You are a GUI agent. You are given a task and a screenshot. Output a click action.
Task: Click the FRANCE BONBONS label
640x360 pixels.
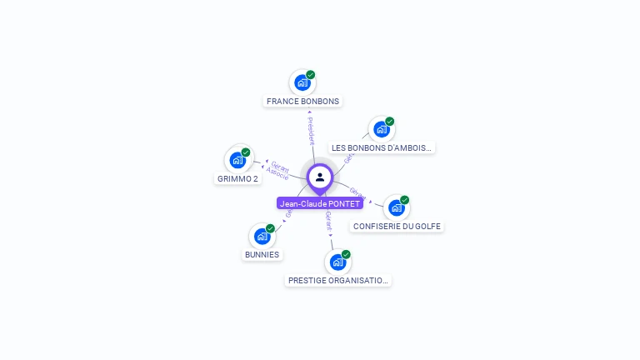pos(302,102)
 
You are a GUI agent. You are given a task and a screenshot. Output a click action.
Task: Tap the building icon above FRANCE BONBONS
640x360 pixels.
pos(302,82)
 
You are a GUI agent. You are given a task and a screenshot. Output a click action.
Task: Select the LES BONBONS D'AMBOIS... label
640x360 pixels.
pos(382,147)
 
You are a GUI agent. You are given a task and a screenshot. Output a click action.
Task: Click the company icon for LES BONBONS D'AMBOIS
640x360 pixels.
pos(381,129)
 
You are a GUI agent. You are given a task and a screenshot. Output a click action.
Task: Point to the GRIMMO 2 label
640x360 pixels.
pos(238,178)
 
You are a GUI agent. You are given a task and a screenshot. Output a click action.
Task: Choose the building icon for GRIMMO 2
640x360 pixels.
pos(237,159)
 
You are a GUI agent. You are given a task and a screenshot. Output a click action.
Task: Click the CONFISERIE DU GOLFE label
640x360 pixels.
pos(397,226)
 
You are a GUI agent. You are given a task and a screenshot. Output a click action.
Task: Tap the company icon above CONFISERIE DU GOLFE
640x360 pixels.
pos(396,207)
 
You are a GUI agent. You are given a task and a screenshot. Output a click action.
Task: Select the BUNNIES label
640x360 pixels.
pos(262,254)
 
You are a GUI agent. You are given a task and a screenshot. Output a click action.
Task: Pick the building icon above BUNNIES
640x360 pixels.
pos(262,236)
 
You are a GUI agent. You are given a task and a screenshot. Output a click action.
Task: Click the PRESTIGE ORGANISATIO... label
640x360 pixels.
pos(337,281)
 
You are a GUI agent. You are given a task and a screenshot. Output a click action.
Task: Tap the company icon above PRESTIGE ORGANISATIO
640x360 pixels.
pos(337,262)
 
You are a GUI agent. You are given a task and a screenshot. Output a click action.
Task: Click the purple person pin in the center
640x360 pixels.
pos(320,177)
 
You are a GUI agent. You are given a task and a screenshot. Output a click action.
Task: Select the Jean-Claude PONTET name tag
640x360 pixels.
pos(320,203)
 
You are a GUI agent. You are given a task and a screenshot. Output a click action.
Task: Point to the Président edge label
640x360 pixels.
pos(310,132)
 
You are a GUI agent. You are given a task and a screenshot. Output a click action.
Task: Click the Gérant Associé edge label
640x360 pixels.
pos(277,171)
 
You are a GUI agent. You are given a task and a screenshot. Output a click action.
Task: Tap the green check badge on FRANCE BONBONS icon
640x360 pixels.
pos(310,75)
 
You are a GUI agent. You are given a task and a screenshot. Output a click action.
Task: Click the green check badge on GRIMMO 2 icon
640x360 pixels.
pos(246,152)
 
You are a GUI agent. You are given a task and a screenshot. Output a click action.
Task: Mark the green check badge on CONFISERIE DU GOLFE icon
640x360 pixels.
pos(404,200)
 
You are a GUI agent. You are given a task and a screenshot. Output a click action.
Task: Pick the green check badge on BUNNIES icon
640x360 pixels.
pos(270,228)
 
